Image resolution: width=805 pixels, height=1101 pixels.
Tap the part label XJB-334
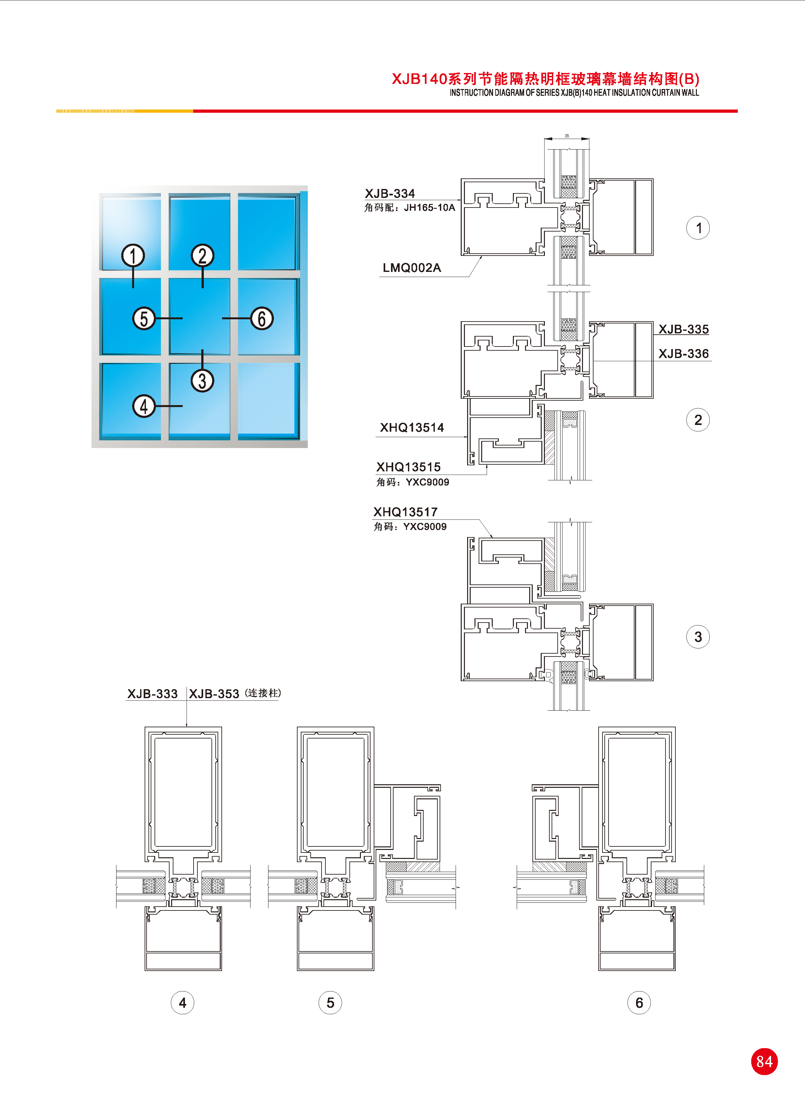click(390, 193)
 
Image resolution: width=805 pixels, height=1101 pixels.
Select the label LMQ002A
click(412, 268)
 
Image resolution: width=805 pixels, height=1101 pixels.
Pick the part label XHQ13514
click(412, 428)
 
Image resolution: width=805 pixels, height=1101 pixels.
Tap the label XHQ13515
click(408, 467)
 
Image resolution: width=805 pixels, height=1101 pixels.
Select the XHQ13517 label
click(405, 512)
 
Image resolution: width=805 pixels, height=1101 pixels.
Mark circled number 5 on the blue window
click(144, 318)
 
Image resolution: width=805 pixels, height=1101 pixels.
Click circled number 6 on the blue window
click(262, 318)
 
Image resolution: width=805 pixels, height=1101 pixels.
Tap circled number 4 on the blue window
click(144, 406)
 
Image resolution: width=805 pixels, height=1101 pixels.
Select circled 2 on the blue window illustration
click(202, 256)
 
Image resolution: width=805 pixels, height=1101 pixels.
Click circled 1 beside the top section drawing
click(698, 228)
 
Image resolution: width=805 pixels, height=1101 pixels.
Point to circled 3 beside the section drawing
click(698, 637)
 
